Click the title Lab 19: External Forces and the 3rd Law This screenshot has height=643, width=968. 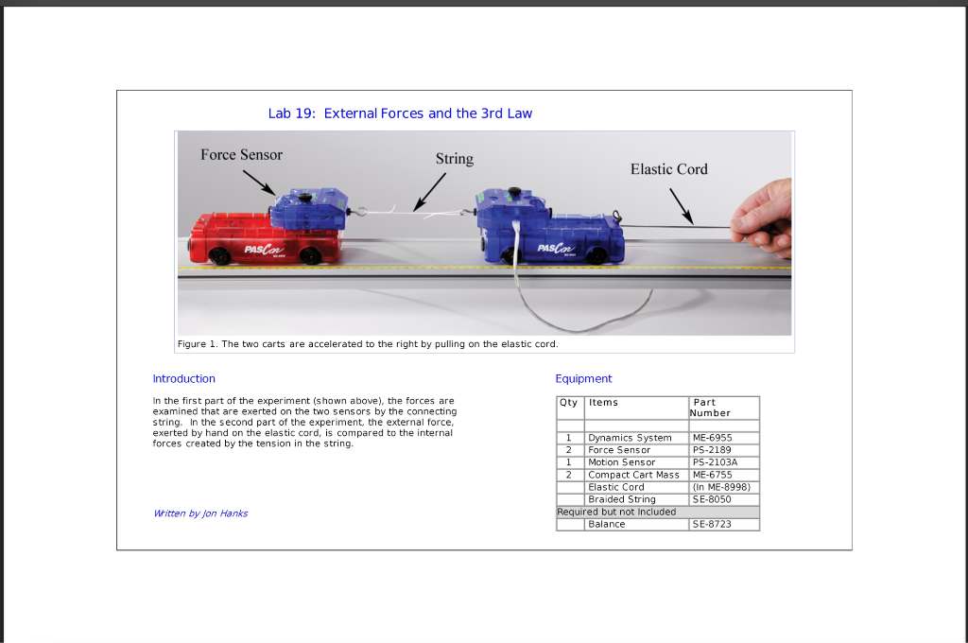[400, 113]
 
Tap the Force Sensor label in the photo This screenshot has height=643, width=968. [241, 155]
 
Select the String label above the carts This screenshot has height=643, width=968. [454, 159]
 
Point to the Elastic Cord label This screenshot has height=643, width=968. [668, 169]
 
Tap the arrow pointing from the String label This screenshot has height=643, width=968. [430, 192]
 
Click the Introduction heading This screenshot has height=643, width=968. [183, 379]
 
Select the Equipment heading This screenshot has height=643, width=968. [583, 379]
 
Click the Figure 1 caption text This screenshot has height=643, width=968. [368, 344]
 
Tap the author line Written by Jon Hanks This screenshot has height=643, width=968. [200, 513]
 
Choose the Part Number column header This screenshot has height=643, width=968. [710, 408]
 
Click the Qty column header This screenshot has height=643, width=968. [570, 403]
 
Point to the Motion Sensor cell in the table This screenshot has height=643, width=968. [621, 462]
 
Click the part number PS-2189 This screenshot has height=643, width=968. [712, 450]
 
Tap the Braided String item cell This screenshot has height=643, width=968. [621, 499]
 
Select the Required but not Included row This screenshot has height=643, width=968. [616, 512]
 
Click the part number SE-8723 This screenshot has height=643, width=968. [712, 524]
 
